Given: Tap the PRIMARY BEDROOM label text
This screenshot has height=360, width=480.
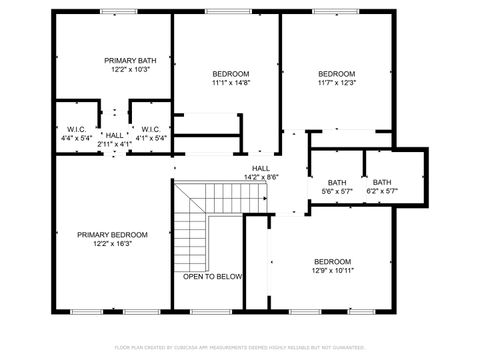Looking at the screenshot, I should click(x=112, y=234).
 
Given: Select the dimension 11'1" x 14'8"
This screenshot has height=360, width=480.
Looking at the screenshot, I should click(x=230, y=84).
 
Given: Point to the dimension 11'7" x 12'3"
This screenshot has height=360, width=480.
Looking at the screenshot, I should click(x=336, y=84).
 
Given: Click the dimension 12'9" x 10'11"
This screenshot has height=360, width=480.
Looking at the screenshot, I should click(x=332, y=270).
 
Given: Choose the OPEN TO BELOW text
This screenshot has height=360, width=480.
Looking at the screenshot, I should click(x=212, y=276).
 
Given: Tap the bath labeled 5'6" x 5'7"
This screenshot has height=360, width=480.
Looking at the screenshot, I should click(x=337, y=182).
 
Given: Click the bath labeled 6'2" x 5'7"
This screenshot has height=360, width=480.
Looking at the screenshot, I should click(x=382, y=182).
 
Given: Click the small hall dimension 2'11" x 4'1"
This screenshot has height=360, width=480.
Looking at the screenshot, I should click(x=115, y=145).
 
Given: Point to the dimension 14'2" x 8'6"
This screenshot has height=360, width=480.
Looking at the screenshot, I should click(x=260, y=177).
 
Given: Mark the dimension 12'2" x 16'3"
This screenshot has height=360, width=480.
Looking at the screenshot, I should click(x=112, y=243).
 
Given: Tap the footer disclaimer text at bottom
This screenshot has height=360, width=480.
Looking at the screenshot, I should click(x=240, y=347).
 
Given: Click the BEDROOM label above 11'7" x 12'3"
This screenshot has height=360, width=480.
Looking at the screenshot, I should click(x=336, y=74).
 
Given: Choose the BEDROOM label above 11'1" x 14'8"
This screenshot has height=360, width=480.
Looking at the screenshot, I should click(x=230, y=74).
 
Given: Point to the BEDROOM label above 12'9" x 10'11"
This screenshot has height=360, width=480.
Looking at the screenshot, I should click(x=332, y=261).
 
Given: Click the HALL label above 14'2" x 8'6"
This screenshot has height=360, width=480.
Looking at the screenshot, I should click(x=260, y=168).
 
